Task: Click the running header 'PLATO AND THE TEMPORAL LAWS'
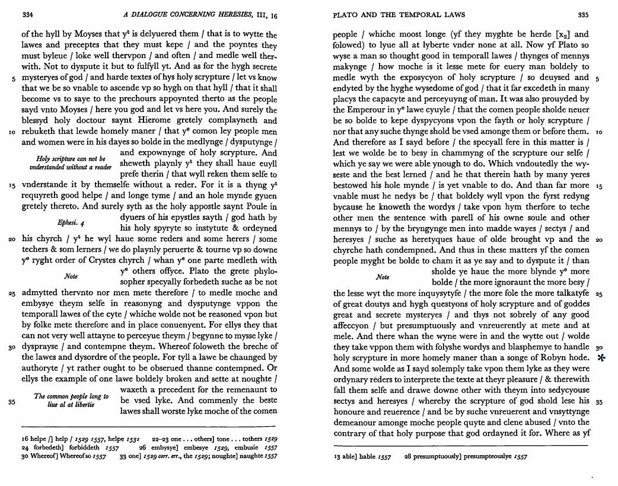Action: (x=399, y=14)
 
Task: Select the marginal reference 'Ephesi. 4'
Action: (x=71, y=223)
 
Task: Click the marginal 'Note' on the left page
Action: (x=71, y=276)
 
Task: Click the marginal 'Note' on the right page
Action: (x=383, y=277)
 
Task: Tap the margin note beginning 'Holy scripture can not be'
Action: (x=71, y=159)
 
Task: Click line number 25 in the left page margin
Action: (x=12, y=293)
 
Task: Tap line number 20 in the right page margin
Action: (x=599, y=239)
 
